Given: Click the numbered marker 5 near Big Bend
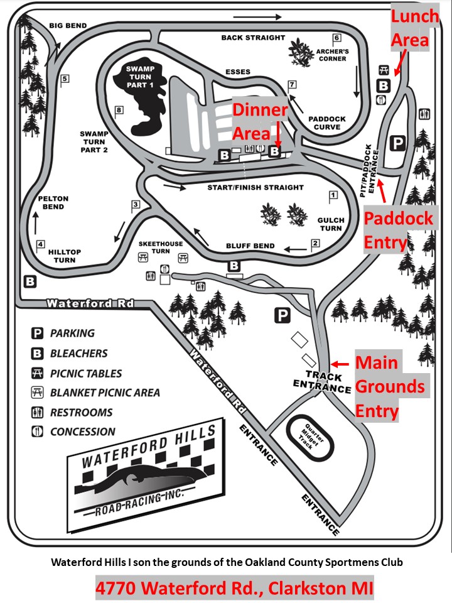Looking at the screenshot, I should pos(64,79).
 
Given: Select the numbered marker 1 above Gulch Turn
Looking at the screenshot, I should pos(333,195).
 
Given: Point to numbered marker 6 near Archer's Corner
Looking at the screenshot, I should pos(336,38).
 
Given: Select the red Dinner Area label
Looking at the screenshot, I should pos(260,122).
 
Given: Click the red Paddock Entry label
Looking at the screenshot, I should pos(399,229).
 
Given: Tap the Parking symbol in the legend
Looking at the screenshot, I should pos(38,334).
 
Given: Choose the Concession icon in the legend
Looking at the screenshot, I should pos(38,432).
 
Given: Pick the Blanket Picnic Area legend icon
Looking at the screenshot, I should pos(38,393).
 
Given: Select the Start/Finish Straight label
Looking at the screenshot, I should pos(256,187).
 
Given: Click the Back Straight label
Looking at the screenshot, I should pos(253,38).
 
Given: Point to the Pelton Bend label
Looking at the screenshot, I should pos(53,202).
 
